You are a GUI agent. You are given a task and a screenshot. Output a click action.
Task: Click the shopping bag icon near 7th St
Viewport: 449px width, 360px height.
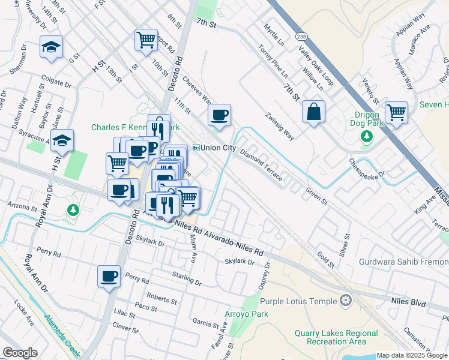(x=313, y=112)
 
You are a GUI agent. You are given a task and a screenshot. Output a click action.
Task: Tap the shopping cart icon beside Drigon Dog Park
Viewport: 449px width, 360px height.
(x=396, y=112)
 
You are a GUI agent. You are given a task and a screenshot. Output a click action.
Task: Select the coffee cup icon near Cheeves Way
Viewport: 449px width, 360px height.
(x=220, y=114)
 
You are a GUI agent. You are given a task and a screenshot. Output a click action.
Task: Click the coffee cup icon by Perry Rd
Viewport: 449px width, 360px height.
(x=109, y=276)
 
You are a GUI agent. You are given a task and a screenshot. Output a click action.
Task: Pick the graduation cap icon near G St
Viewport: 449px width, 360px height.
(x=52, y=46)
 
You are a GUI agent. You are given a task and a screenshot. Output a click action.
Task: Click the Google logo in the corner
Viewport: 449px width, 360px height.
(x=20, y=353)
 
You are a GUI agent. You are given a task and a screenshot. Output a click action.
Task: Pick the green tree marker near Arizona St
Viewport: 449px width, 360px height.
(x=73, y=210)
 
